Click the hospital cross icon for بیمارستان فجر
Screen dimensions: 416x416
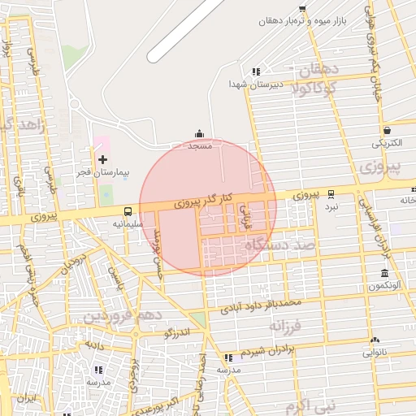(x=102, y=160)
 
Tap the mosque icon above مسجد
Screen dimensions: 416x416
(x=199, y=134)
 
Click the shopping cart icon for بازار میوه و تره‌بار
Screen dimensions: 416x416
(x=302, y=8)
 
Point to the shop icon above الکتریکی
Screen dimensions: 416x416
(x=387, y=130)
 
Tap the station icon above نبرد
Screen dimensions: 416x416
(x=331, y=194)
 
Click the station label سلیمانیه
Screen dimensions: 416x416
(x=128, y=223)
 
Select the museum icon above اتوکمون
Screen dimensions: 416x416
(x=384, y=274)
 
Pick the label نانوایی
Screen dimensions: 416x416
(x=375, y=353)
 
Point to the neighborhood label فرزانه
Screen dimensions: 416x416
(x=285, y=327)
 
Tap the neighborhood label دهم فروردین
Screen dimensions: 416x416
(x=126, y=314)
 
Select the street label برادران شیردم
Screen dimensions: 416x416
(x=264, y=350)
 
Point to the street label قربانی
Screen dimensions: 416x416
(x=243, y=214)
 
